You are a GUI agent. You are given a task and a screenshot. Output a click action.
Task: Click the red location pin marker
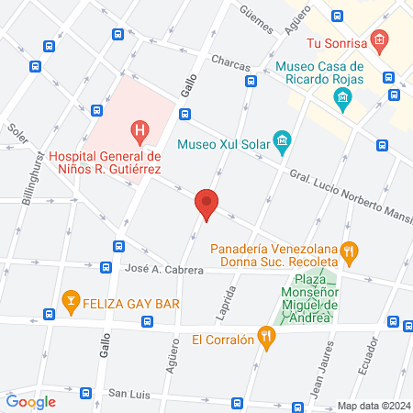pos(206,205)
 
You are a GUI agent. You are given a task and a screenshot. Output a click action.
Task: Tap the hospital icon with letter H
pos(139,131)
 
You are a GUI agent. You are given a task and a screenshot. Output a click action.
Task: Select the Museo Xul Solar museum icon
pos(281,140)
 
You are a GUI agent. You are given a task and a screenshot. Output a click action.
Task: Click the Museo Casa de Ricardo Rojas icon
pos(343,97)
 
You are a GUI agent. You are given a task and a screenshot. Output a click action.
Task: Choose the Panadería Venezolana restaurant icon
pos(348,250)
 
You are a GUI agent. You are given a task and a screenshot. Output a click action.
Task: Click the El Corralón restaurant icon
pos(267,339)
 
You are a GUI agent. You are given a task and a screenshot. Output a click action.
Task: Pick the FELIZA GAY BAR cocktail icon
pos(69,300)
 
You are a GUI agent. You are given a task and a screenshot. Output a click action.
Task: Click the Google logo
pos(30,401)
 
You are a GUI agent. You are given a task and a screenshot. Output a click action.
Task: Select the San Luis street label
pos(129,393)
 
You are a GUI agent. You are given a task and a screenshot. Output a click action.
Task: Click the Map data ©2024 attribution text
pos(372,406)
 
